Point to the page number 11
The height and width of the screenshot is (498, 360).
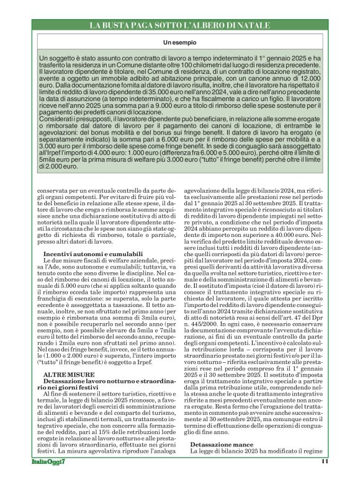click(x=325, y=479)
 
